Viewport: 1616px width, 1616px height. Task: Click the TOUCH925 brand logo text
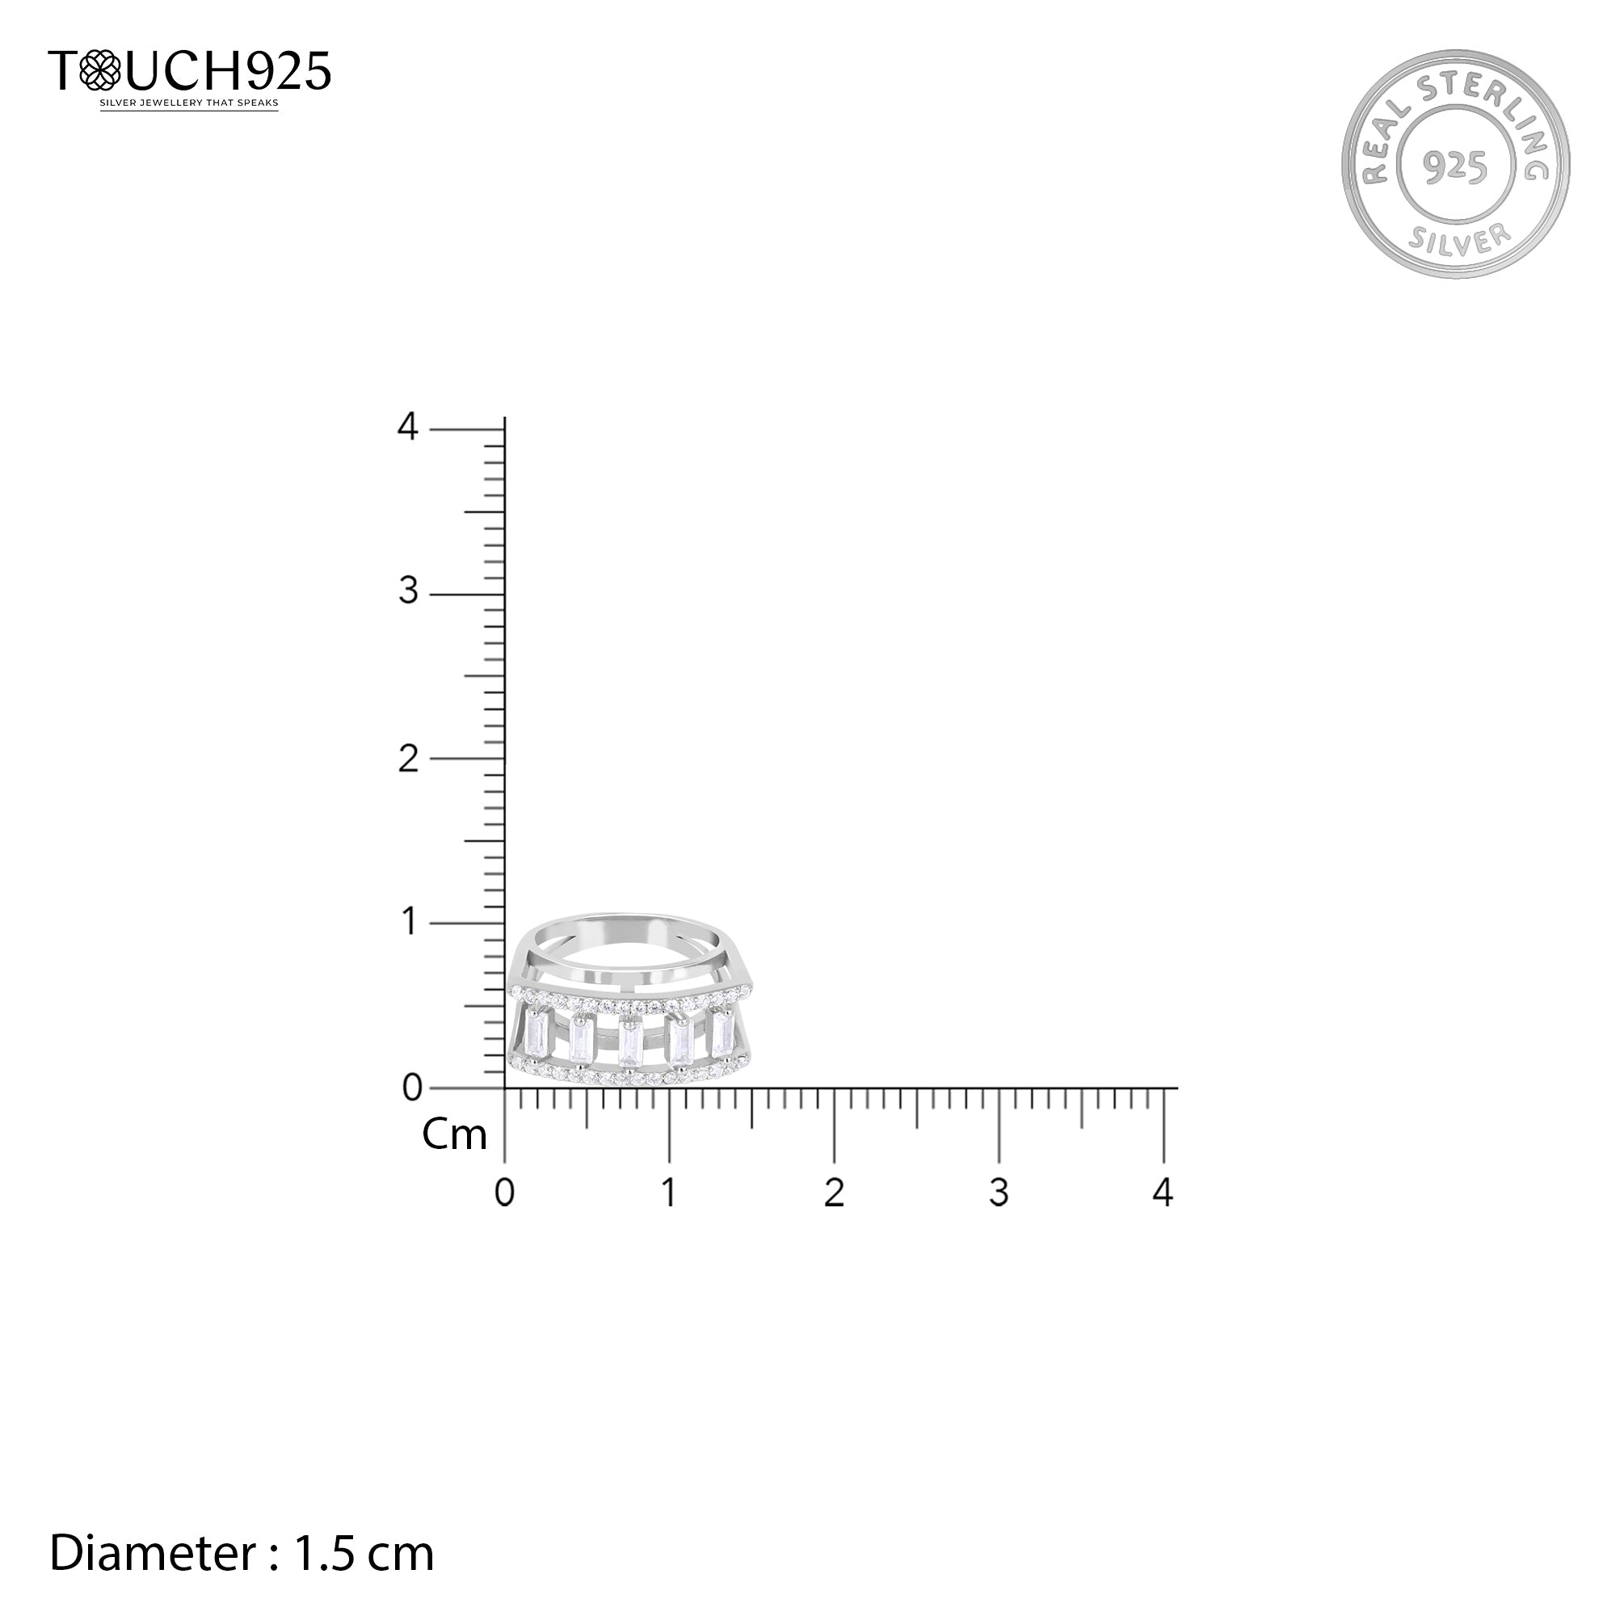pos(190,70)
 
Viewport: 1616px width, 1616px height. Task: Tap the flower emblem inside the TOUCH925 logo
pos(99,70)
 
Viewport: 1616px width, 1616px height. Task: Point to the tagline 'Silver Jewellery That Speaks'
pos(189,103)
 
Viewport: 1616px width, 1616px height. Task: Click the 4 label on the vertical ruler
pos(407,427)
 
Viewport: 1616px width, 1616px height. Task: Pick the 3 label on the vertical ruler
pos(407,592)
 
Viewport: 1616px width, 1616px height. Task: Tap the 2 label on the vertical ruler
pos(407,759)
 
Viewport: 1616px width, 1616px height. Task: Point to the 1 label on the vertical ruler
pos(409,922)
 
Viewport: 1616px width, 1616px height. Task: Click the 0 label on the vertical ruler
pos(412,1088)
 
